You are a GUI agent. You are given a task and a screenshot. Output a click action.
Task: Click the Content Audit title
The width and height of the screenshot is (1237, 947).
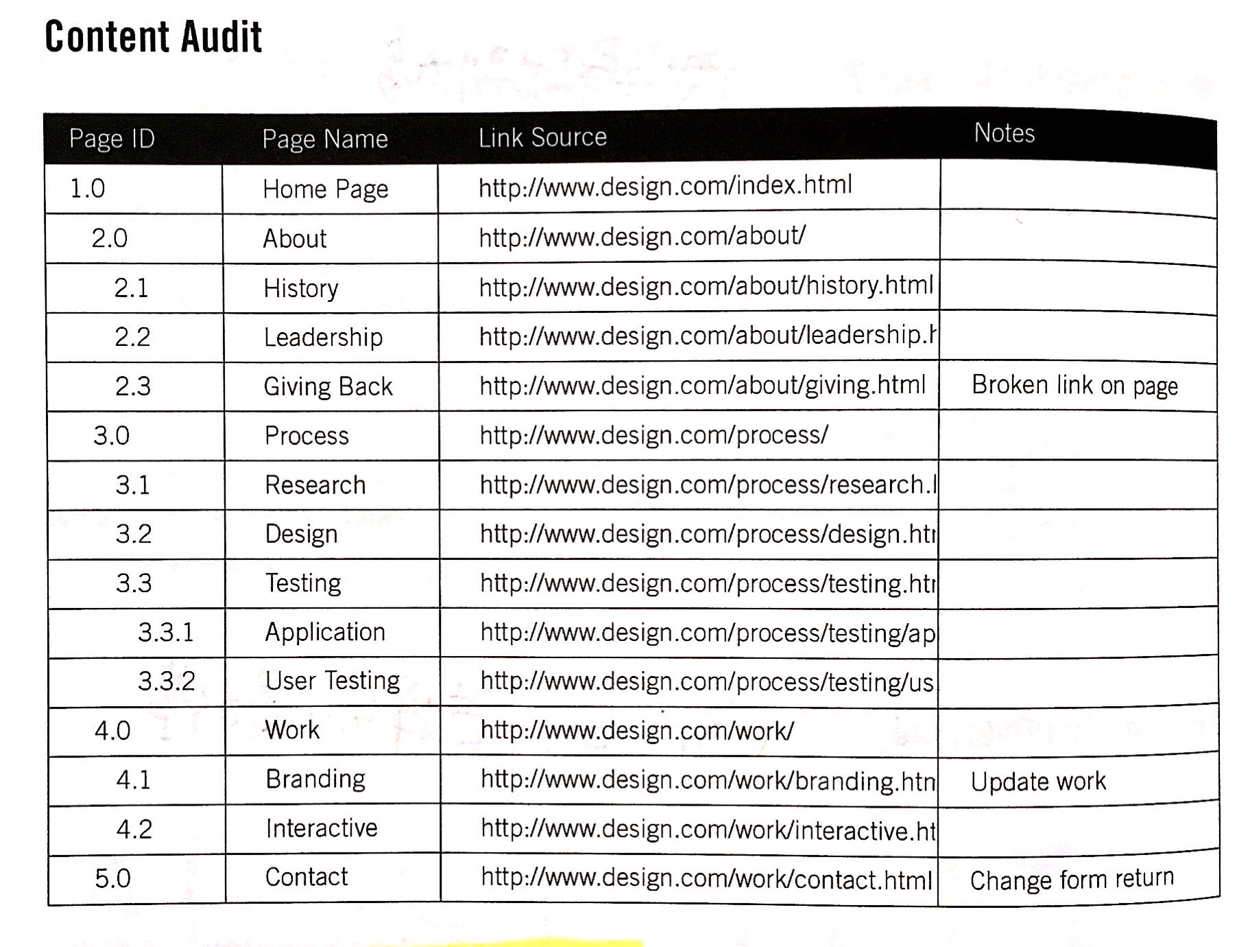(x=153, y=36)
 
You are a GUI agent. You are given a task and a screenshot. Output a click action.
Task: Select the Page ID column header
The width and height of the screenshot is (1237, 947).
(x=112, y=139)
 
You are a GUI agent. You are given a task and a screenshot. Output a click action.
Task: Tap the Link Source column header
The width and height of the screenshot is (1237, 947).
(x=542, y=138)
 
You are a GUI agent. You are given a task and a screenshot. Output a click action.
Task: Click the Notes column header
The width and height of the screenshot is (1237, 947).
(x=1004, y=133)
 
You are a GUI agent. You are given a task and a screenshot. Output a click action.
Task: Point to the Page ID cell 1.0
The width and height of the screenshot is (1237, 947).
(x=88, y=189)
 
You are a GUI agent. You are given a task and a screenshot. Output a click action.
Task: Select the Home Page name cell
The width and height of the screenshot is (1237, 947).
(x=325, y=189)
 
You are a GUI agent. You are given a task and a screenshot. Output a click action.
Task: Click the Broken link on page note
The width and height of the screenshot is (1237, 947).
(x=1074, y=386)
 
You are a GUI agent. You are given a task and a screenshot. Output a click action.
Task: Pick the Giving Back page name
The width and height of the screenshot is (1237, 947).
(x=328, y=387)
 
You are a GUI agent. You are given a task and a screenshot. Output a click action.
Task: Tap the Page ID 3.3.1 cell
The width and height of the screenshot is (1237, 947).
(x=166, y=632)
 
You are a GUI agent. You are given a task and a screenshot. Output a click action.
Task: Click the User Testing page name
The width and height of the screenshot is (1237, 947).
(x=333, y=681)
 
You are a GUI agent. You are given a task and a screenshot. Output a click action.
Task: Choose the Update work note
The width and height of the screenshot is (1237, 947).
(x=1038, y=782)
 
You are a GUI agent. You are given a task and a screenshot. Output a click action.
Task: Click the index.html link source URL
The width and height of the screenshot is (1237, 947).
(x=664, y=186)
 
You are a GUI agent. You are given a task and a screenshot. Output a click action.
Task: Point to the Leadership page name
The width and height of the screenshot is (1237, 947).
(x=323, y=338)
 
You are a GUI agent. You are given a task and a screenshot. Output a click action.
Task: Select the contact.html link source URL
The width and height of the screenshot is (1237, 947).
(x=706, y=879)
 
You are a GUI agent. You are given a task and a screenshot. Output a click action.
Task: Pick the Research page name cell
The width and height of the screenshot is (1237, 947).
(x=315, y=485)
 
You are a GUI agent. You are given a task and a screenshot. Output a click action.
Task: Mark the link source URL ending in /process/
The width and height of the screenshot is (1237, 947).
(x=653, y=435)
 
